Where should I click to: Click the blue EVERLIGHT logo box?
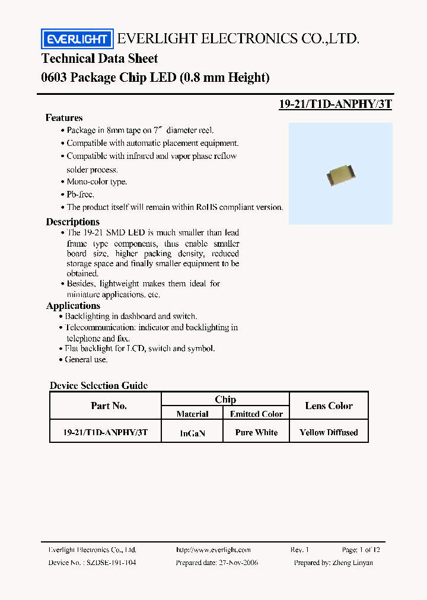pos(77,39)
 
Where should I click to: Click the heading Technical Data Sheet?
pos(100,59)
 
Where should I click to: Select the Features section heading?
pos(64,118)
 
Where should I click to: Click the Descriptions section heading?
pos(73,222)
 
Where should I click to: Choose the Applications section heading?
pos(73,306)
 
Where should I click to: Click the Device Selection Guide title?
pos(98,385)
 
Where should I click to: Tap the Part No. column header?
pos(109,406)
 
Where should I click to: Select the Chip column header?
pos(225,400)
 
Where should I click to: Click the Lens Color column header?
pos(329,406)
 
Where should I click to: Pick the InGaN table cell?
pos(192,433)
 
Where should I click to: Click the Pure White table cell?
pos(256,433)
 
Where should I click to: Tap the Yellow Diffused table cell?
pos(329,433)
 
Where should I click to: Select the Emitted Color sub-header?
pos(256,414)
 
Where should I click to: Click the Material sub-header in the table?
pos(192,414)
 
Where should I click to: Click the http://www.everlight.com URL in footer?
pos(213,550)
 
